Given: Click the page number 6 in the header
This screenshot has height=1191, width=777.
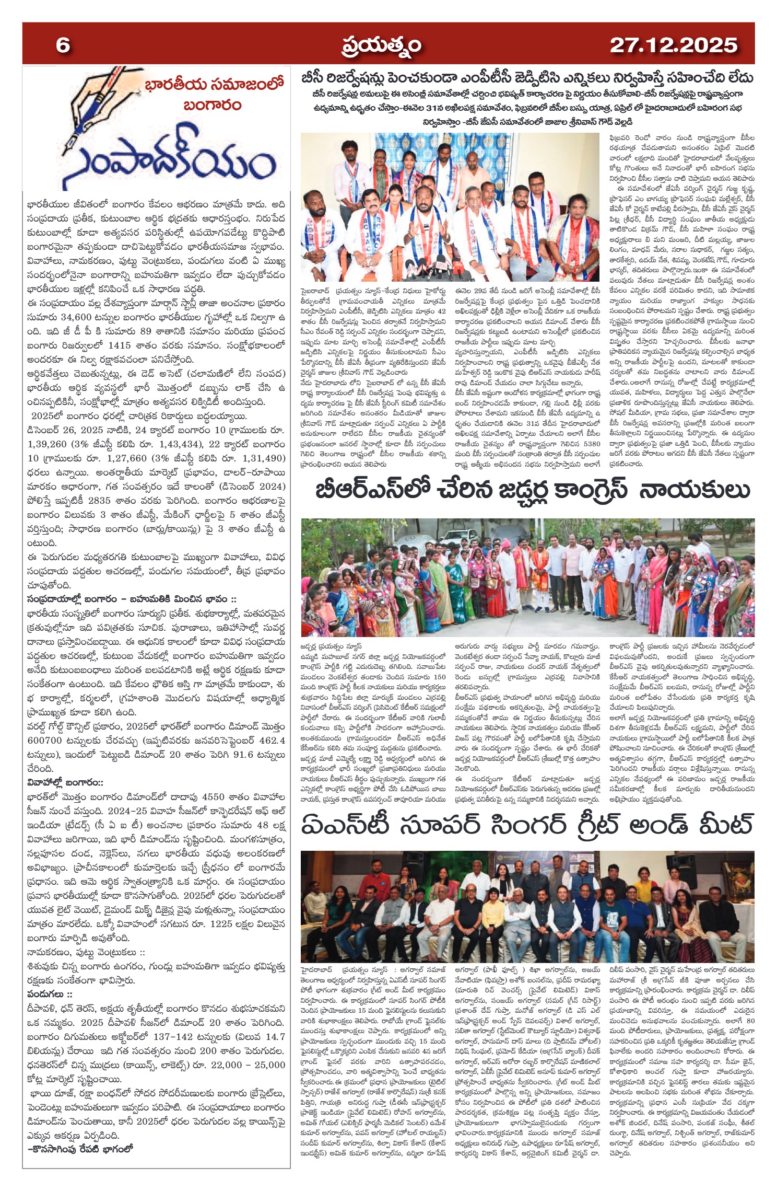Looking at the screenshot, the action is [63, 45].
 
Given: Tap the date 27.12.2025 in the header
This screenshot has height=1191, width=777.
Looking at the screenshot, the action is [673, 45].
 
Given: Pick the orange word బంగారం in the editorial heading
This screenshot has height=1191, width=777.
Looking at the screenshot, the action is [212, 106].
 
